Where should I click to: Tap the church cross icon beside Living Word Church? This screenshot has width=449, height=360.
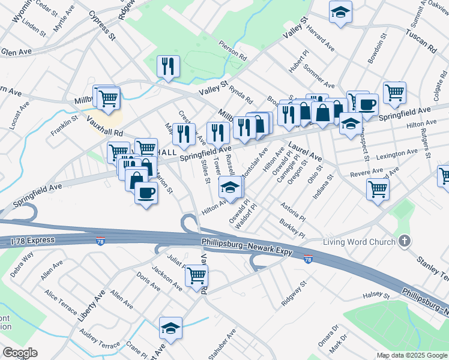tap(405, 242)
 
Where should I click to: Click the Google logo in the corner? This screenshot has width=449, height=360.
tap(20, 353)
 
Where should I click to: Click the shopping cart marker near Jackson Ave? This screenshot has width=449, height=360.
tap(197, 275)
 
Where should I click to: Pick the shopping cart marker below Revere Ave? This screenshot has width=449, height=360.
tap(378, 188)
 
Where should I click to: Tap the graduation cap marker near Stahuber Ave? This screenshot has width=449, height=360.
tap(170, 328)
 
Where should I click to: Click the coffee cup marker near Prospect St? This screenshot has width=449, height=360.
tap(367, 104)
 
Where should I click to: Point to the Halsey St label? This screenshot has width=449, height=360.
tap(378, 296)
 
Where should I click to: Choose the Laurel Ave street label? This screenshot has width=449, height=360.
tap(305, 151)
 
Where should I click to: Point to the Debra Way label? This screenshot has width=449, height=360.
tap(22, 265)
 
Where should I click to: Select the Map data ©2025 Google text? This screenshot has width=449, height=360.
tap(412, 355)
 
